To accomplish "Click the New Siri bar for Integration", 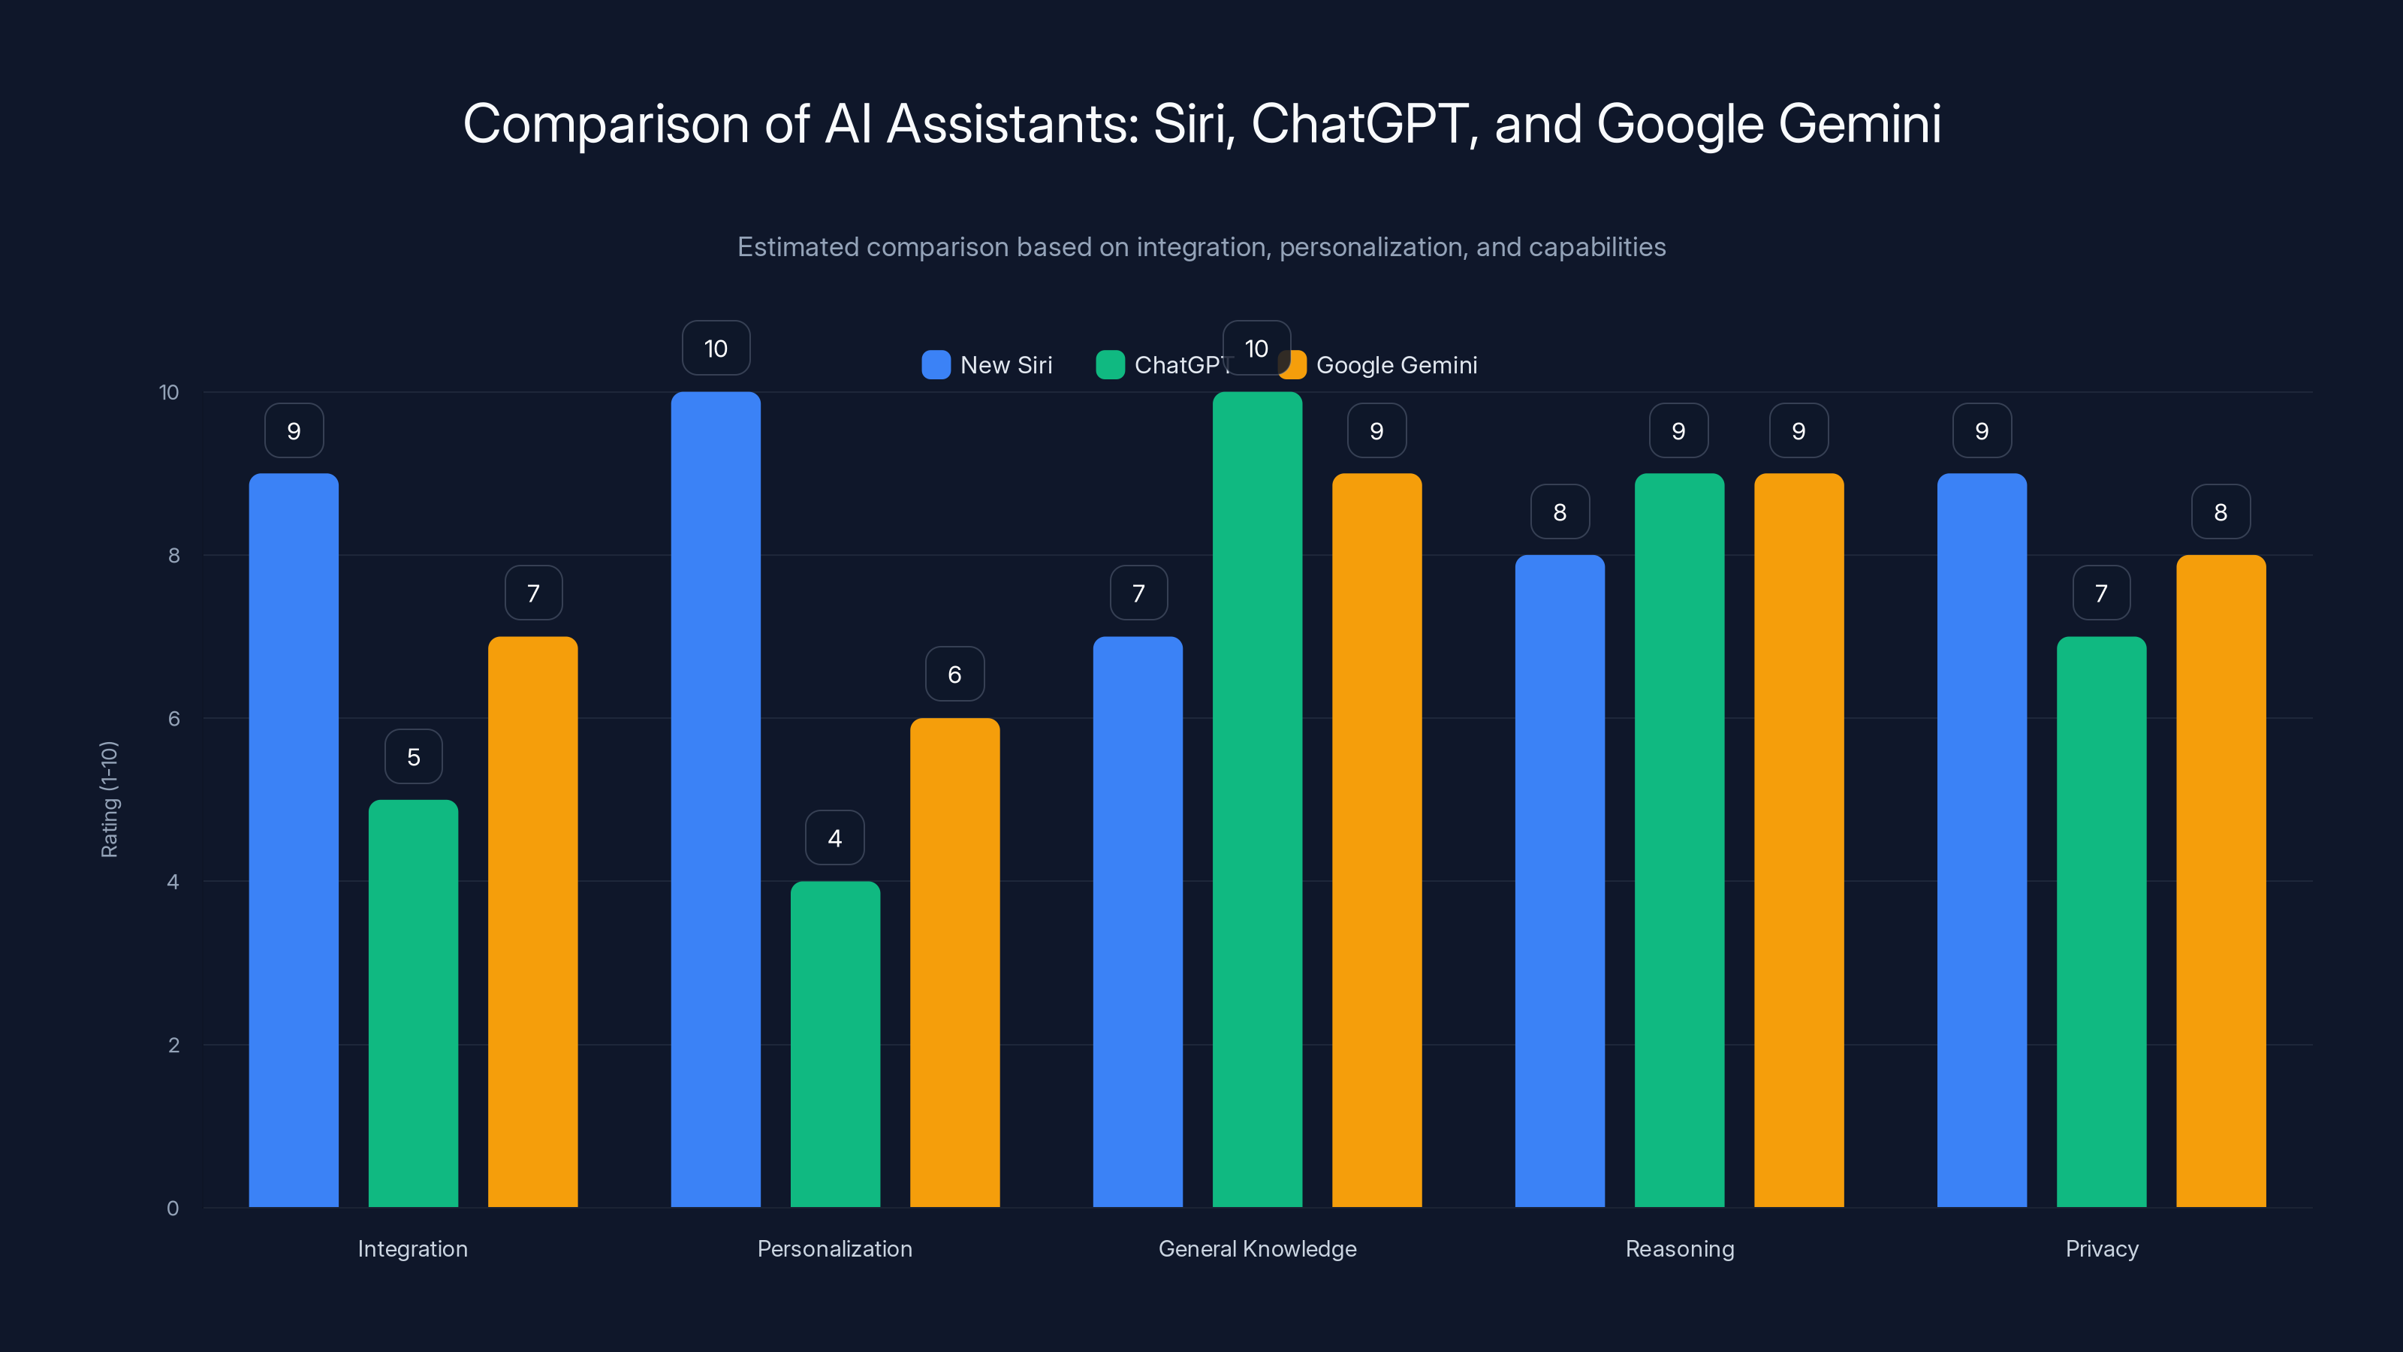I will tap(293, 840).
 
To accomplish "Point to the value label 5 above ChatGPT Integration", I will tap(413, 756).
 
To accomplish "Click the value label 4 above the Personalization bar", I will tap(835, 838).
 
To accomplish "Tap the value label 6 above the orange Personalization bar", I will tap(954, 674).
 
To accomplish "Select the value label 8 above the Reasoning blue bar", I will tap(1559, 512).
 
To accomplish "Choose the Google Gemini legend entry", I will tap(1381, 365).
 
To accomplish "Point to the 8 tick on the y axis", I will tap(173, 555).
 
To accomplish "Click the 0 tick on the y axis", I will tap(173, 1209).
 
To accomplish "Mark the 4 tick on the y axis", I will tap(173, 882).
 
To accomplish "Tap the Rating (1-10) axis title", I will tap(109, 800).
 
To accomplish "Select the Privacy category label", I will tap(2101, 1248).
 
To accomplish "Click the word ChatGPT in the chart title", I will tap(1359, 124).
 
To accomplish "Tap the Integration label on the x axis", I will tap(412, 1248).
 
